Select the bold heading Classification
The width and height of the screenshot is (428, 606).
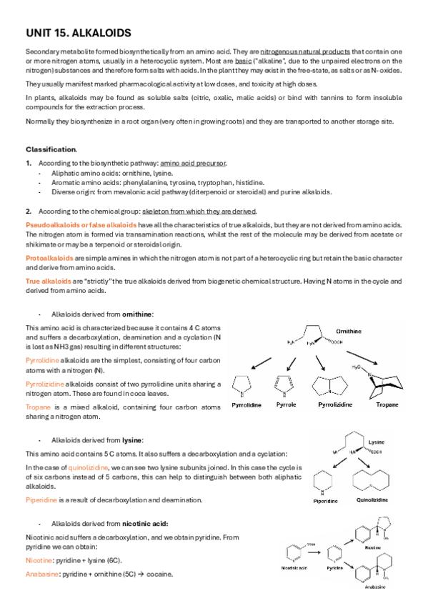tap(51, 149)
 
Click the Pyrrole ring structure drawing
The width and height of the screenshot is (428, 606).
tap(280, 386)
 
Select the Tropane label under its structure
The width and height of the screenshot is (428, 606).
tap(387, 404)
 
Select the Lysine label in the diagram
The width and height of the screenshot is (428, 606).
tap(377, 443)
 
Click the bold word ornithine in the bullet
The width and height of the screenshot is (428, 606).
tap(137, 314)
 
